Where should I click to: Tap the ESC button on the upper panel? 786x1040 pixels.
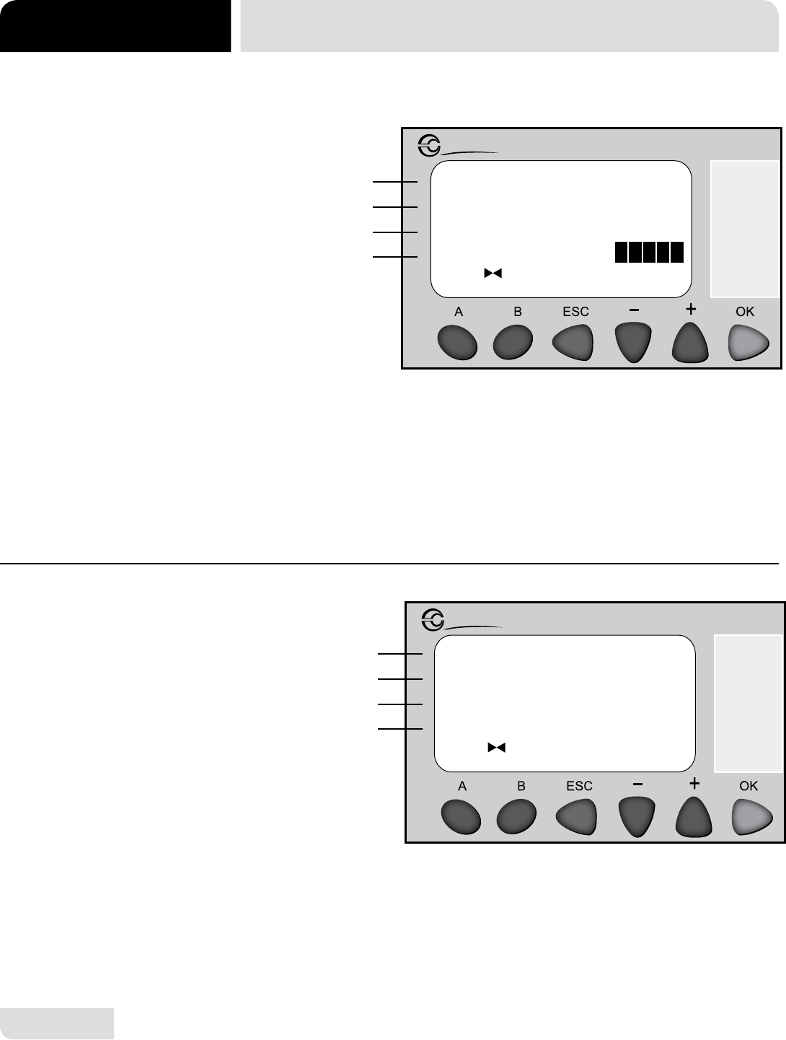[573, 343]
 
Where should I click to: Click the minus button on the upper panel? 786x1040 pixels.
[632, 343]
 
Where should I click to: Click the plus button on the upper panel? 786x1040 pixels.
[690, 343]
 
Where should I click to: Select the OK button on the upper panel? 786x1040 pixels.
[749, 343]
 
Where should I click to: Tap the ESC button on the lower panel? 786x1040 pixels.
[576, 816]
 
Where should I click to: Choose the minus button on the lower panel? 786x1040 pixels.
[636, 816]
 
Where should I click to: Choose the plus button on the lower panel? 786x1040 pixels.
[694, 816]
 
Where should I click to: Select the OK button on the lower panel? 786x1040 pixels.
[752, 816]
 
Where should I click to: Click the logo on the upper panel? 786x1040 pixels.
[430, 147]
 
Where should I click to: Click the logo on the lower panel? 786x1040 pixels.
[434, 620]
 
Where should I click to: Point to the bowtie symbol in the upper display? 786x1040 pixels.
[493, 274]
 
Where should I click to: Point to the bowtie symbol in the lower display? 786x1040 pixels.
[496, 748]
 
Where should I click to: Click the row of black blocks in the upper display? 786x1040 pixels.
[649, 252]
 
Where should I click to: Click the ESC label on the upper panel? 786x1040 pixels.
[575, 312]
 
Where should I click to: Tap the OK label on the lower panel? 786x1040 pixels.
[749, 785]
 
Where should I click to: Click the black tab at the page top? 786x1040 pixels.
[115, 26]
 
